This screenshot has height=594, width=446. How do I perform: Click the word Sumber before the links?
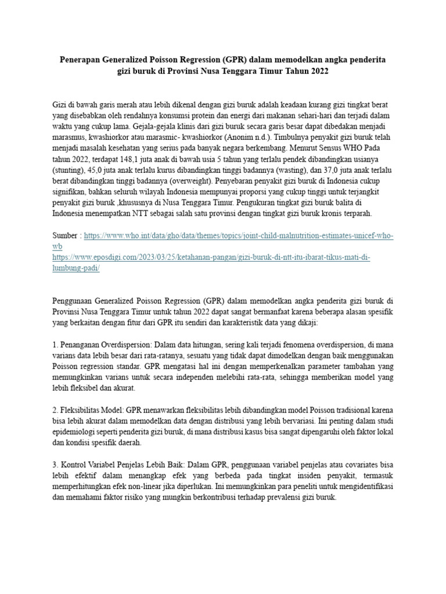click(x=66, y=236)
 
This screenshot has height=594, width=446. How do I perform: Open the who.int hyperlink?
click(x=239, y=236)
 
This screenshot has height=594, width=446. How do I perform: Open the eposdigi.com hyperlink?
click(x=211, y=257)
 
